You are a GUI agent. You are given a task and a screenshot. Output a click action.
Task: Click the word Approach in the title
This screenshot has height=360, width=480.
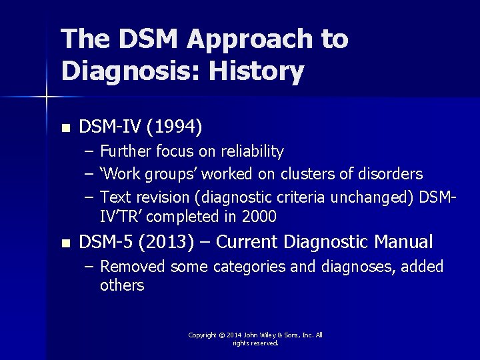(249, 40)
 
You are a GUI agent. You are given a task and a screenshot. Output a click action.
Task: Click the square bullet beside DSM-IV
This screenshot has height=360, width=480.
(65, 127)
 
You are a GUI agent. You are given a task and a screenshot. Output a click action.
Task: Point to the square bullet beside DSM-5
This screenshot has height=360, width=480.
(65, 243)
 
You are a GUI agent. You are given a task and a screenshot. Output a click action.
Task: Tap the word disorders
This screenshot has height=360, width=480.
(393, 174)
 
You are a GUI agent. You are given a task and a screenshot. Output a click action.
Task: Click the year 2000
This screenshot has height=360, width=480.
(259, 217)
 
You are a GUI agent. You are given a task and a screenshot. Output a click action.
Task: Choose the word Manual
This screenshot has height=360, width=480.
(404, 241)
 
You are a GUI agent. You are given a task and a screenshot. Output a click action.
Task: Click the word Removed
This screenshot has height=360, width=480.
(133, 267)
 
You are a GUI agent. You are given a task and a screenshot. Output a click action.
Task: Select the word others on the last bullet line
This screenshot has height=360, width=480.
(122, 285)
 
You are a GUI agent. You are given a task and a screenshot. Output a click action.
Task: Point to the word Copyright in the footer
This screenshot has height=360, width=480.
(203, 335)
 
